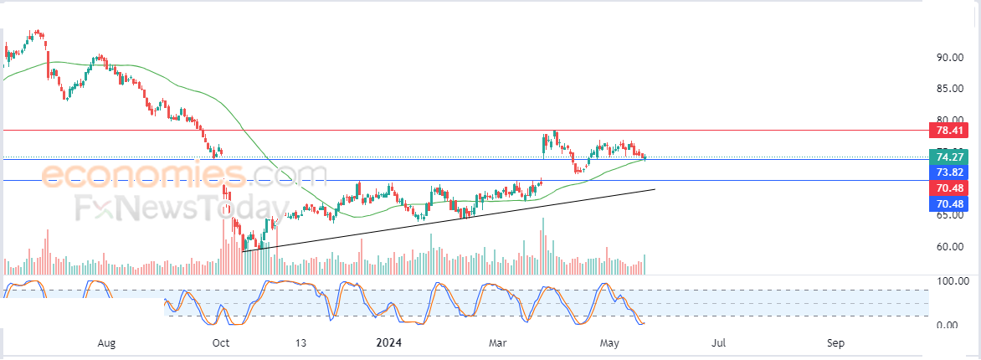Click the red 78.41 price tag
coord(948,131)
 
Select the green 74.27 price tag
coord(948,157)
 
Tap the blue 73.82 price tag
coord(948,172)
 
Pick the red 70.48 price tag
coord(948,188)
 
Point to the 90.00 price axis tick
coord(949,58)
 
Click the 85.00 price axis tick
coord(949,89)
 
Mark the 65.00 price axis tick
coord(949,215)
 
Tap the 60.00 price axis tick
coord(949,247)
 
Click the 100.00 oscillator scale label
coord(953,281)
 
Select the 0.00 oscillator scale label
coord(949,325)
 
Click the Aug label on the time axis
coord(108,343)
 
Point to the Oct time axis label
coord(221,343)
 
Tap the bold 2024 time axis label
coord(388,343)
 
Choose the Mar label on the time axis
coord(498,343)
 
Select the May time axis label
coord(609,343)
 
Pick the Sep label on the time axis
coord(835,343)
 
